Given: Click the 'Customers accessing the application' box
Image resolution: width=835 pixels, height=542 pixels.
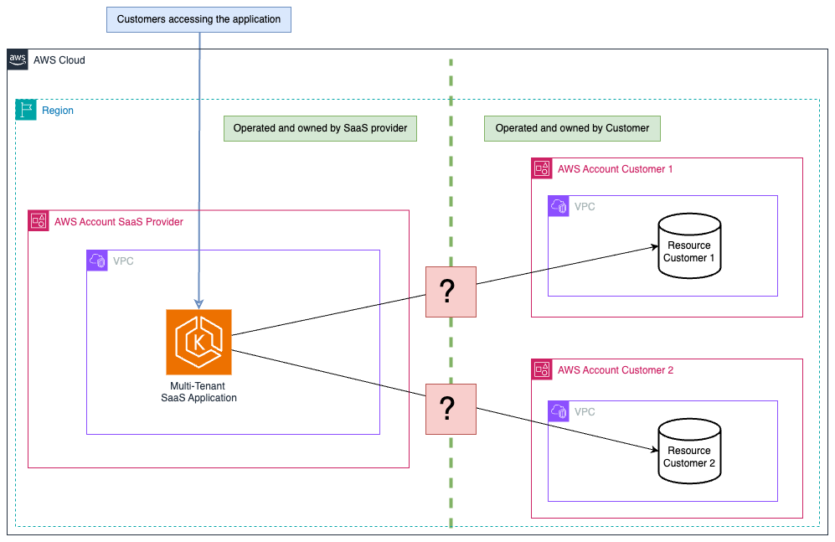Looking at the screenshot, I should [x=198, y=19].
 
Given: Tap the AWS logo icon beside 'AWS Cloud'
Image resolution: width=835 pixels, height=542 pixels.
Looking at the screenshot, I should [x=17, y=59].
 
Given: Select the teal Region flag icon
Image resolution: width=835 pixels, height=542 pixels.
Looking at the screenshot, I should [x=26, y=110].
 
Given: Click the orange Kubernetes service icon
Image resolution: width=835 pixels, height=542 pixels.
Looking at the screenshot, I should [x=198, y=342].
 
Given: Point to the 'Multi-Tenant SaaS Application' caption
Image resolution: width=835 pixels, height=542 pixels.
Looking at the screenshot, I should [x=198, y=392].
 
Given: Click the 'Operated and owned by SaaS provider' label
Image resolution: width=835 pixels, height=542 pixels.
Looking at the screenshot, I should [x=320, y=128].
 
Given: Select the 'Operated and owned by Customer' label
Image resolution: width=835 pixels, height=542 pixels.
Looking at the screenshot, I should [x=572, y=128].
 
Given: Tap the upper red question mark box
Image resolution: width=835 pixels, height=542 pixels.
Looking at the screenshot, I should [x=451, y=292].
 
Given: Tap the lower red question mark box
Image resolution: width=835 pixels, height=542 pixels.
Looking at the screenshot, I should [x=451, y=409].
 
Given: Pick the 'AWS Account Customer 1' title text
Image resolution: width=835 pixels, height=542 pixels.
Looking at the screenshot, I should [x=615, y=169].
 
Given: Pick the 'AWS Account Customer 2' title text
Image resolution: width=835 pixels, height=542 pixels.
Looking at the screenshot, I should [x=615, y=370].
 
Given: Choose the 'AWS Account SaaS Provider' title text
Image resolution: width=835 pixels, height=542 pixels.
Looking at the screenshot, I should [x=119, y=222].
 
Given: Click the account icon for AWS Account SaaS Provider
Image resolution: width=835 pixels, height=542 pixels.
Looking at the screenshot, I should [x=39, y=221].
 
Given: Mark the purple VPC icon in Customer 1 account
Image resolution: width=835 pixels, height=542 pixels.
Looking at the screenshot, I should [x=559, y=206].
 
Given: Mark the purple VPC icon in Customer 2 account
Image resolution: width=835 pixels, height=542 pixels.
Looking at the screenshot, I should [x=559, y=411].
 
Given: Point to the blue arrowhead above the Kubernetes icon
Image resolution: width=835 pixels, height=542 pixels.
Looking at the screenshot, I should [x=198, y=303].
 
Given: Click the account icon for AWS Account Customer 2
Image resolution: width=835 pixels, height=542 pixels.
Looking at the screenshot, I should [x=542, y=369].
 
